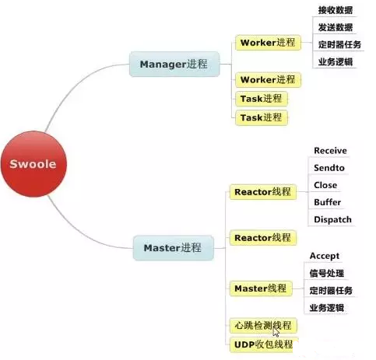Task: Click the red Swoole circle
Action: click(33, 164)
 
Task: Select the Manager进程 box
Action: click(174, 65)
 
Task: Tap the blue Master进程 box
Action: click(174, 248)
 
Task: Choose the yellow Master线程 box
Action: click(261, 288)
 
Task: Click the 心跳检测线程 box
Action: click(263, 326)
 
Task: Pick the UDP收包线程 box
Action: click(263, 344)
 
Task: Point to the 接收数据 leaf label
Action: click(336, 10)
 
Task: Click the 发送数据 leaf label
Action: click(336, 27)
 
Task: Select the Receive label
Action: click(330, 151)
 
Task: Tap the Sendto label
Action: click(329, 168)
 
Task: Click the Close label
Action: click(325, 185)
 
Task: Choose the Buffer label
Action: click(328, 202)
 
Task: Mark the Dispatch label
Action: click(332, 219)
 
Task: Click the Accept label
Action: click(325, 256)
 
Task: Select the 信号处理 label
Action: click(327, 273)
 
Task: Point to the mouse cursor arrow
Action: click(276, 332)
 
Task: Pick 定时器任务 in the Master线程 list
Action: click(331, 291)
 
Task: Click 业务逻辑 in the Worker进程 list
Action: click(336, 62)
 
